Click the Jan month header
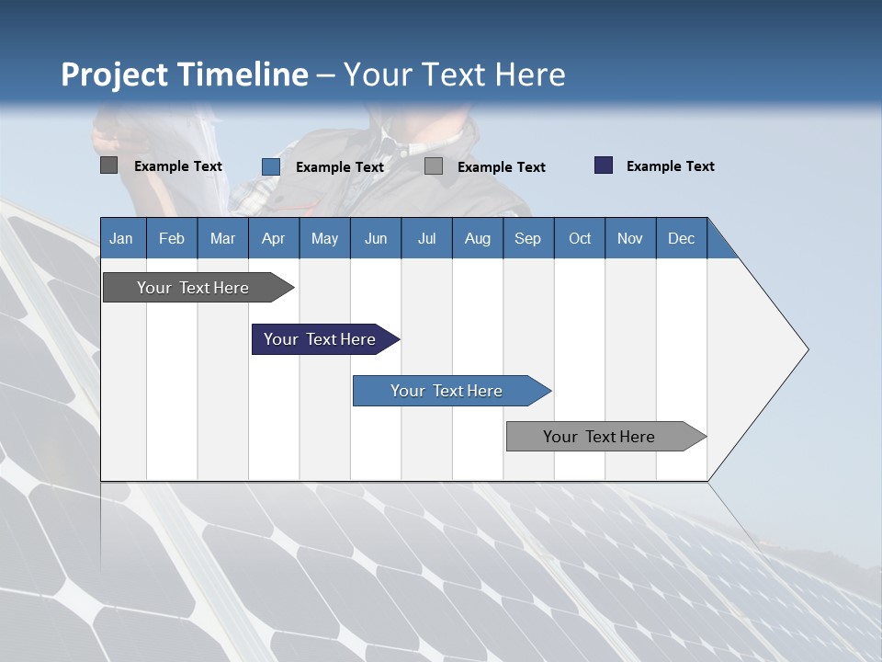tap(121, 238)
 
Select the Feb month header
tap(172, 238)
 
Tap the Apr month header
tap(273, 238)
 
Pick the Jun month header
tap(376, 238)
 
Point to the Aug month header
tap(477, 238)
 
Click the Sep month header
tap(527, 238)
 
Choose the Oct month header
tap(580, 238)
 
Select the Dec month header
tap(681, 238)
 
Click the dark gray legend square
tap(108, 165)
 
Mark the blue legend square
tap(270, 166)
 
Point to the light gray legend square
tap(434, 166)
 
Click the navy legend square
tap(603, 165)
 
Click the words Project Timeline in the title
tap(184, 74)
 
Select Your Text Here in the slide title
tap(454, 74)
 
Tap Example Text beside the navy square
tap(670, 166)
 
